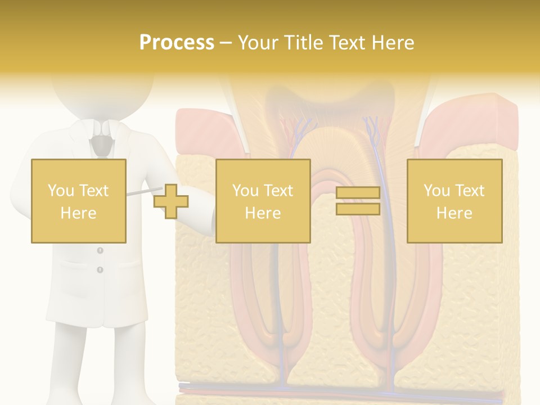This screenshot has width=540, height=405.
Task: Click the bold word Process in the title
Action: point(177,43)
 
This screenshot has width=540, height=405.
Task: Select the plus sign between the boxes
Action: point(171,201)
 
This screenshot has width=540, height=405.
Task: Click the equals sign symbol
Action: point(358,201)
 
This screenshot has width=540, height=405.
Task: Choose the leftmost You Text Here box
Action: point(78,201)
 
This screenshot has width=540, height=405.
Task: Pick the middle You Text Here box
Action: point(263,201)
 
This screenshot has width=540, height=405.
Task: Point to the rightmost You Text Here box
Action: point(454,201)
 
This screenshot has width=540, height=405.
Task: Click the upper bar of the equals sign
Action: point(358,193)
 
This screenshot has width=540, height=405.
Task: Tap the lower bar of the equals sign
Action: point(358,209)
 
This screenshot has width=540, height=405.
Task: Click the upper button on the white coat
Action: point(100,250)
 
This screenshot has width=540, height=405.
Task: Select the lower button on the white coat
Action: point(100,270)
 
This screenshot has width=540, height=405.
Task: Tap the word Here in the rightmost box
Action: point(454,213)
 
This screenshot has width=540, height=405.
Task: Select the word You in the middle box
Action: point(245,190)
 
